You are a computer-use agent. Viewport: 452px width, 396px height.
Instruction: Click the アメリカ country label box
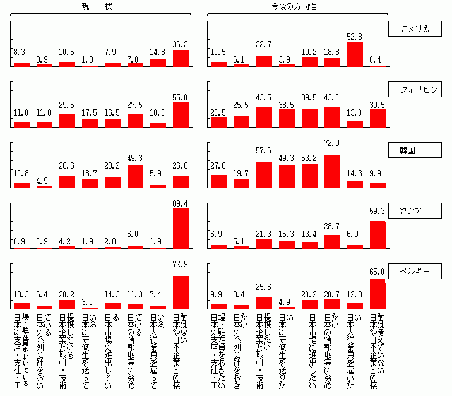414,29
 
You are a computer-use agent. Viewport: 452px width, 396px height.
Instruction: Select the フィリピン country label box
414,89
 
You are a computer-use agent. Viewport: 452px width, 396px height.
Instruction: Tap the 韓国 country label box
414,150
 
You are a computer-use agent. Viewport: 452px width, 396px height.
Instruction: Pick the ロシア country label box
414,211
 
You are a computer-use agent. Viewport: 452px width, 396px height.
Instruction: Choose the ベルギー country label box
414,272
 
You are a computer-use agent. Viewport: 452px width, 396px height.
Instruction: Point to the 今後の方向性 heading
294,6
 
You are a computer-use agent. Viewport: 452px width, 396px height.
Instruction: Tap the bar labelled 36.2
181,58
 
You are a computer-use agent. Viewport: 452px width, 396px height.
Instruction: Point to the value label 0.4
378,60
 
